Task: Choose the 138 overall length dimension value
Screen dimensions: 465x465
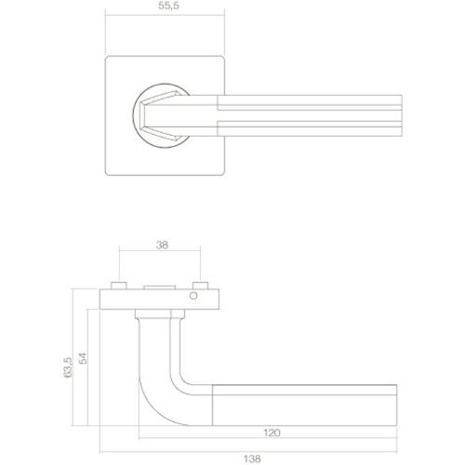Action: (252, 457)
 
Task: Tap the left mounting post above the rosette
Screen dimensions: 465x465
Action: (117, 284)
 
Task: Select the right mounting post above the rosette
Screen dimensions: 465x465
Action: (200, 284)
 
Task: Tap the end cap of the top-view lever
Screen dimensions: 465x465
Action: (404, 115)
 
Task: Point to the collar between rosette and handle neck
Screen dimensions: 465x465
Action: (159, 316)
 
